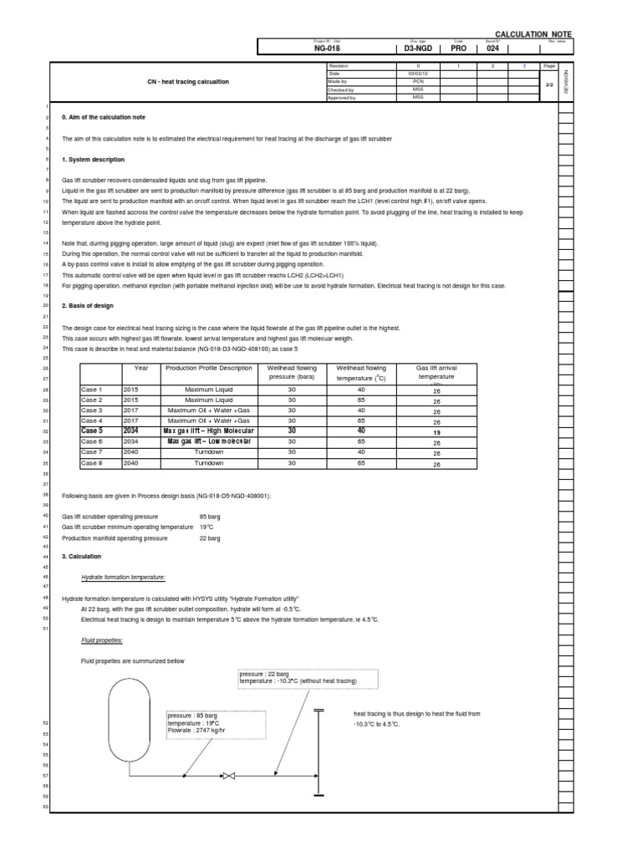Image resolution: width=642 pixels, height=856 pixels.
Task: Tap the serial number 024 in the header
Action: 493,49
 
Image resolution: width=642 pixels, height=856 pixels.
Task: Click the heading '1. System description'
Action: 94,159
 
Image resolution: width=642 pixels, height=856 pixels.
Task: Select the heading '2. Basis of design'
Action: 89,306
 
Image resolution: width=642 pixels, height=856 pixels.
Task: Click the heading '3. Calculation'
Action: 81,556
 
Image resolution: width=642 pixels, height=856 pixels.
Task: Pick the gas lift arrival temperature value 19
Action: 436,431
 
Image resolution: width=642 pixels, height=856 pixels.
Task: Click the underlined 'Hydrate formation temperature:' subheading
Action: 123,577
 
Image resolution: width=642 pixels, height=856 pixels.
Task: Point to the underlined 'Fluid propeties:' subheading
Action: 102,639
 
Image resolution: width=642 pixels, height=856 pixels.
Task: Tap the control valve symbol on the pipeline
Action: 224,774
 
